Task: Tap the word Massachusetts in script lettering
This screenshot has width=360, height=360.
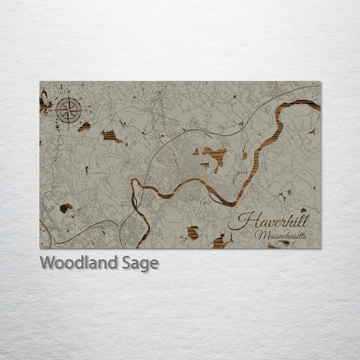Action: pyautogui.click(x=281, y=234)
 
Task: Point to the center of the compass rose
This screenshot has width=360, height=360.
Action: pyautogui.click(x=68, y=110)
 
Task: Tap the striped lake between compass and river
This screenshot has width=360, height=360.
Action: pyautogui.click(x=111, y=136)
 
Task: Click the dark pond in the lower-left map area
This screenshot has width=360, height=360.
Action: pyautogui.click(x=65, y=207)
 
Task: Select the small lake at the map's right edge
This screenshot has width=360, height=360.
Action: pyautogui.click(x=312, y=132)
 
